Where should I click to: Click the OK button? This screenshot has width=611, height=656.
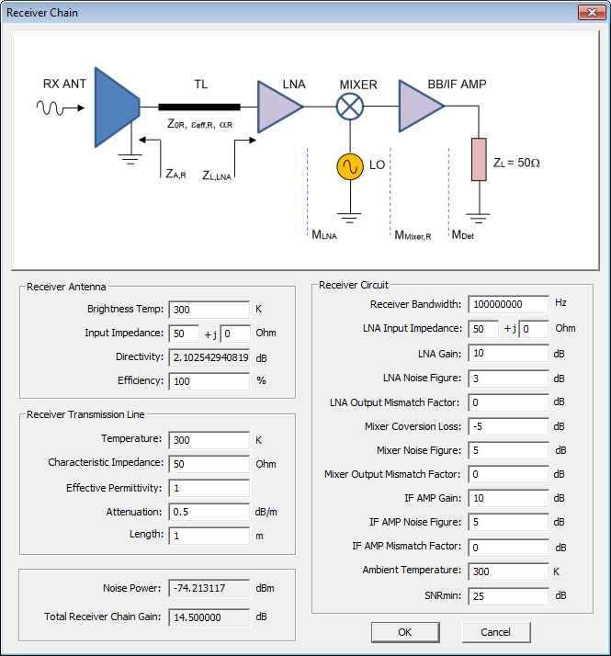point(405,632)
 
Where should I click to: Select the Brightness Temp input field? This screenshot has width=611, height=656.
point(209,310)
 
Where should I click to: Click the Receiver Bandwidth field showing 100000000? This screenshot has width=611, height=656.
point(508,304)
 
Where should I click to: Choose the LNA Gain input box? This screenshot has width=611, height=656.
point(508,353)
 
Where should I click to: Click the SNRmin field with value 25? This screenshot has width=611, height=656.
point(508,596)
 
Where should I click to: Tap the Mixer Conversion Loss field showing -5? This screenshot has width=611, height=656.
point(508,426)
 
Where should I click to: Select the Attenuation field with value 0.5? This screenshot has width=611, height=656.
point(209,512)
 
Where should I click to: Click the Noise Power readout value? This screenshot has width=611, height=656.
point(209,588)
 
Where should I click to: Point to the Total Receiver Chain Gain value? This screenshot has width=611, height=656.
point(209,616)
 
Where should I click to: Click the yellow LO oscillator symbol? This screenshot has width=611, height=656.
point(349,166)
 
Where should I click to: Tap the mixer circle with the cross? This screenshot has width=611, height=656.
point(349,107)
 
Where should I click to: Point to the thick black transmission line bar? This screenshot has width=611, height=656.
point(199,107)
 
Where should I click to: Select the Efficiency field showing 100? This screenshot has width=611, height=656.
point(209,380)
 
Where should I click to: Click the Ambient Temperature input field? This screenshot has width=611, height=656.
point(508,571)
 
